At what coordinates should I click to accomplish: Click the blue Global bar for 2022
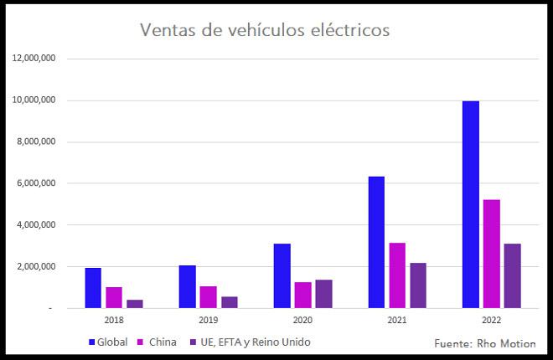click(x=470, y=204)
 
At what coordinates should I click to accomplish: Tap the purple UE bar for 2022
click(x=512, y=275)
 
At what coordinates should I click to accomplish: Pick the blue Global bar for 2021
click(x=376, y=242)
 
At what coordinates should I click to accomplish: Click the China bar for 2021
click(x=397, y=275)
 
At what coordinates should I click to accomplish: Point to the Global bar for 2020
click(x=282, y=275)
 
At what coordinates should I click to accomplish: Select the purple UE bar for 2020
click(x=323, y=294)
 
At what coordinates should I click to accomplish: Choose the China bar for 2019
click(x=209, y=297)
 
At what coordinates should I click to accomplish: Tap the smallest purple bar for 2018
click(x=135, y=304)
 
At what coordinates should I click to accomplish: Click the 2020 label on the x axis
click(x=302, y=321)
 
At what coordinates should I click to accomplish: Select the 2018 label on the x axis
click(x=114, y=321)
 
